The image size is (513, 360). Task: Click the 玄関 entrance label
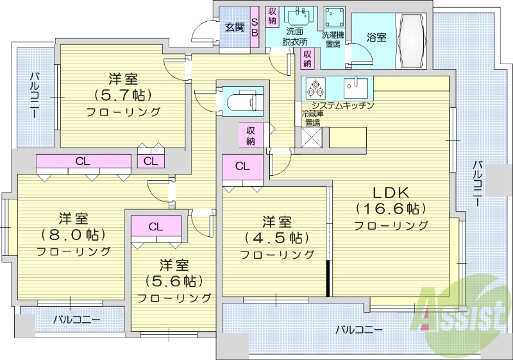[235, 27]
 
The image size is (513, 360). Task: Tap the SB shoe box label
[254, 24]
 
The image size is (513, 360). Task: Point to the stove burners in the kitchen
[315, 88]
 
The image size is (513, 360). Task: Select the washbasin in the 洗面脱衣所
[296, 16]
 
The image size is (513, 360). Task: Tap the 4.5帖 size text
[276, 238]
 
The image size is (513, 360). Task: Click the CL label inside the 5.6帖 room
[156, 227]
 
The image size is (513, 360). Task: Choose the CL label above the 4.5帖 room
[242, 166]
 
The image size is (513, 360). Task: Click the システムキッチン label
[342, 105]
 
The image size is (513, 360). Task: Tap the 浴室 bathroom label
[376, 38]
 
